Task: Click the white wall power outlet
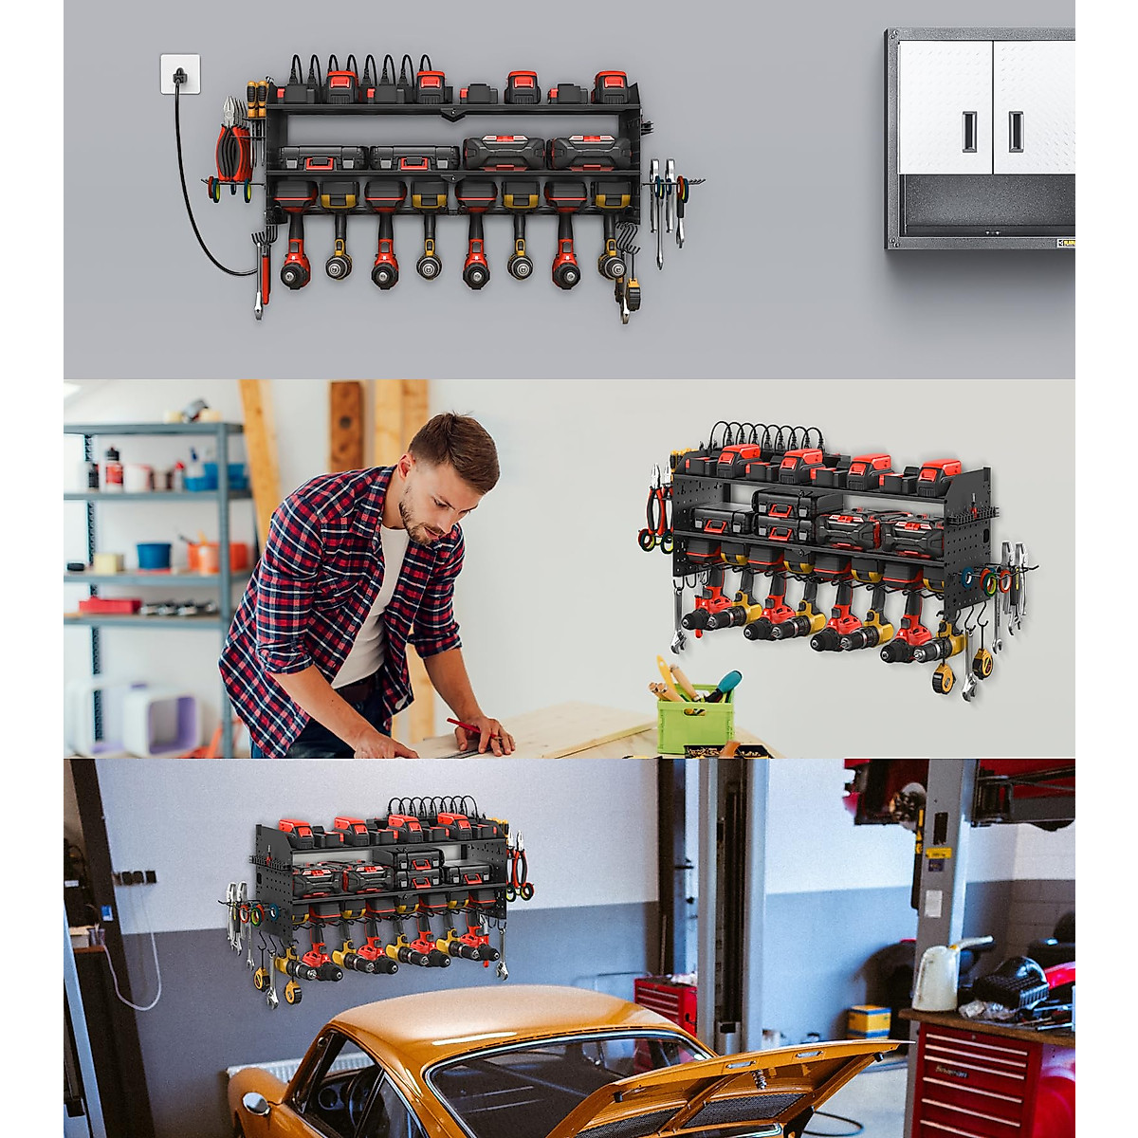180,75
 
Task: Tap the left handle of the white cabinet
970,131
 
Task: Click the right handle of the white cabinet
1016,131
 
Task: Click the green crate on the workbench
694,719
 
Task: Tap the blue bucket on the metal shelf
154,555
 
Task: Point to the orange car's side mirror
255,1103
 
